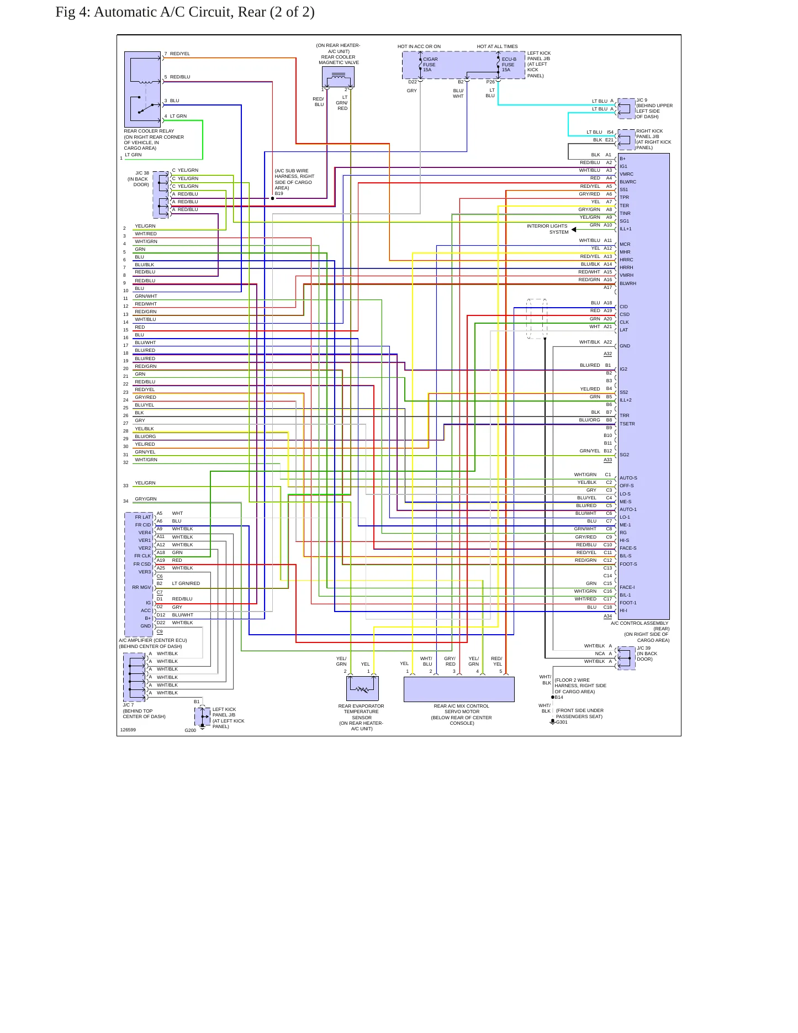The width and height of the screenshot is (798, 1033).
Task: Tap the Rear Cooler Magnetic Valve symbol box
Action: point(338,77)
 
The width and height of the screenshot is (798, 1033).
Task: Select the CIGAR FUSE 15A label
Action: point(429,65)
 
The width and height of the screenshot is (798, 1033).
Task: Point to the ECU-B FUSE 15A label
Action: point(509,65)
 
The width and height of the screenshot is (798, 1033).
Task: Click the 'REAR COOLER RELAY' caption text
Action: point(149,131)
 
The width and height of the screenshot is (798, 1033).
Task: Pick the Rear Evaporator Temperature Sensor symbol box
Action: point(362,688)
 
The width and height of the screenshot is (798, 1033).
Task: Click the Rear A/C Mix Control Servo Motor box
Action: point(459,689)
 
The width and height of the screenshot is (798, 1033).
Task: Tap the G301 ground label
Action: point(562,722)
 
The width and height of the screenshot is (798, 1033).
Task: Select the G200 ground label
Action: point(191,730)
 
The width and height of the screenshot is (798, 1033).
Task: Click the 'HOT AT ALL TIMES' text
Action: point(498,46)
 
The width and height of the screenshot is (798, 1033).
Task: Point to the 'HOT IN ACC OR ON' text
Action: point(419,46)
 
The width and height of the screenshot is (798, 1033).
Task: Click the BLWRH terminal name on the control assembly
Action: point(628,283)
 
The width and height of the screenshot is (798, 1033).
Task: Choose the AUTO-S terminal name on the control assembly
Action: point(628,478)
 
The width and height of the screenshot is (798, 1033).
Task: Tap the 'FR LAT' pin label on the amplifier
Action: point(143,517)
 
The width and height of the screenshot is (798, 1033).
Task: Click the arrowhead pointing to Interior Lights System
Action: point(574,230)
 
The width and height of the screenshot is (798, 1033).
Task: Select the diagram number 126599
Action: point(128,730)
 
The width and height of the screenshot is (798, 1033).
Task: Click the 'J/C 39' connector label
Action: point(644,648)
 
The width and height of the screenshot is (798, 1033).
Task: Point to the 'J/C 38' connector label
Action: point(142,173)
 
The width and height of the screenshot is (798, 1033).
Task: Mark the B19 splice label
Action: point(279,193)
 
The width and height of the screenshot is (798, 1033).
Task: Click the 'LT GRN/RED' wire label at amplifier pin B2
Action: point(186,583)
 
